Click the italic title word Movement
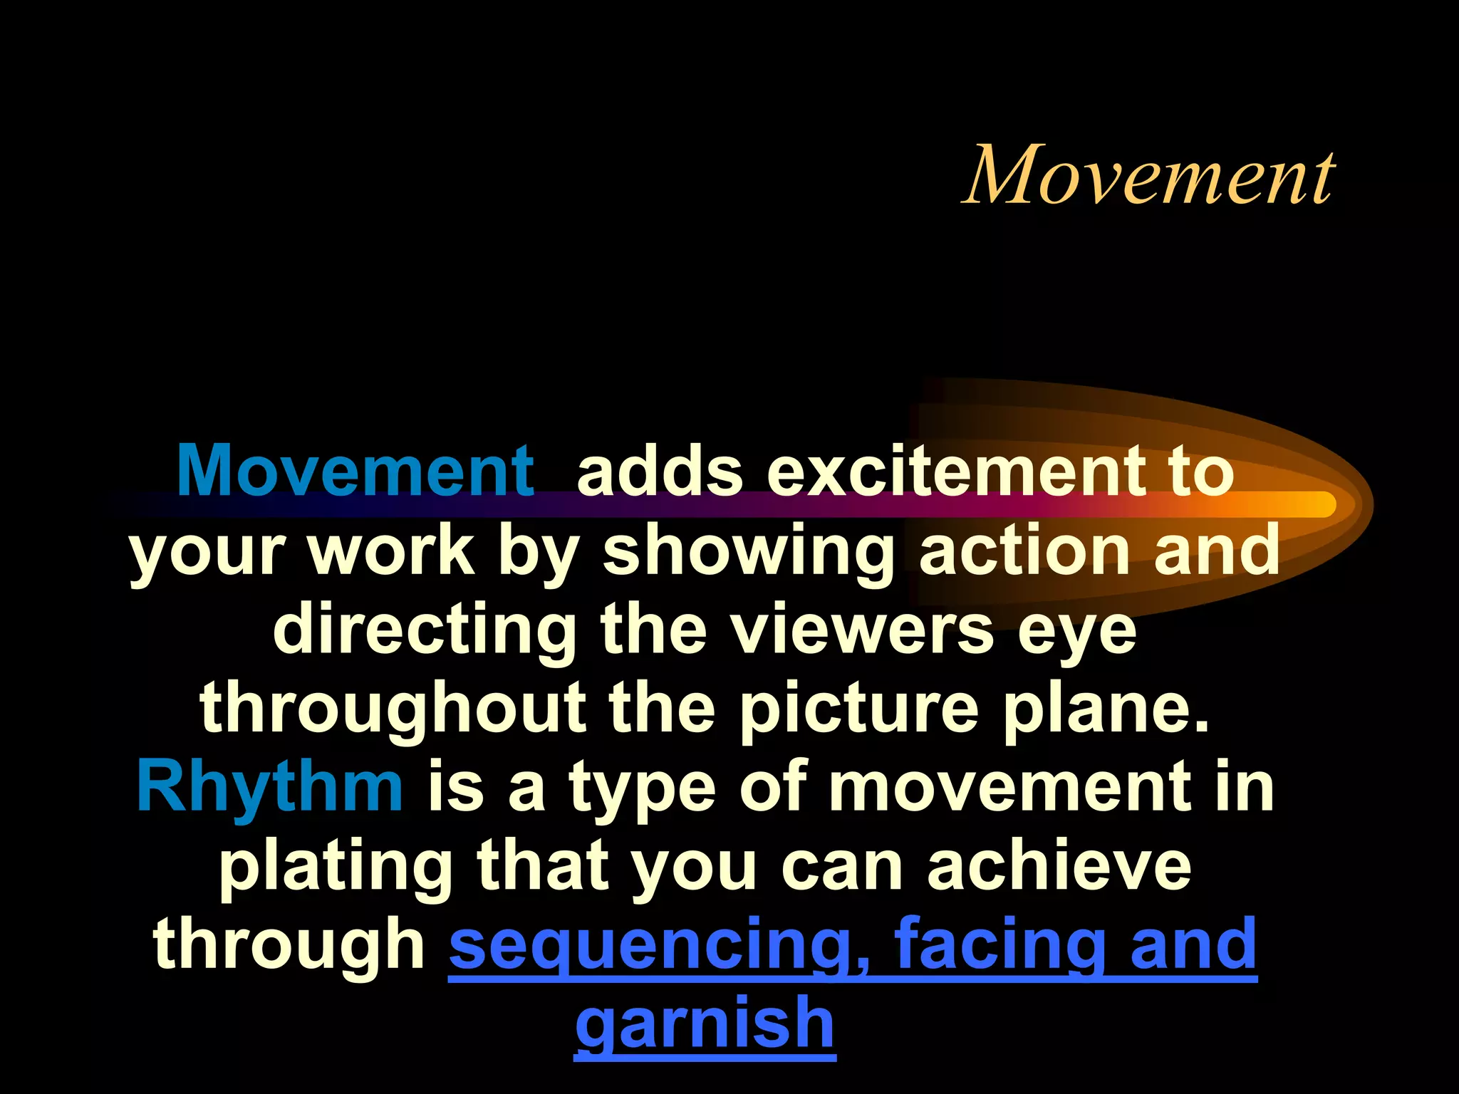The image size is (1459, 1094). point(1148,175)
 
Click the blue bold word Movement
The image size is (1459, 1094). point(355,471)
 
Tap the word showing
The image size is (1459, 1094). point(749,552)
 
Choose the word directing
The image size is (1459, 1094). point(425,630)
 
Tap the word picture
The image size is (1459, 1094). point(858,710)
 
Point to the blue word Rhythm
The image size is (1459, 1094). point(270,788)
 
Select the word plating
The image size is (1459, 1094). point(336,868)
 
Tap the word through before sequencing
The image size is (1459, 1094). point(289,945)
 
